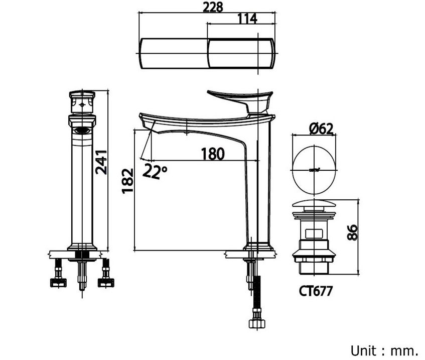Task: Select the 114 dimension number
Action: click(x=246, y=19)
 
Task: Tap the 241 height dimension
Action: click(x=102, y=162)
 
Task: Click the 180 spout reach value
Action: click(x=213, y=154)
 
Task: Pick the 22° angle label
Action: click(x=155, y=172)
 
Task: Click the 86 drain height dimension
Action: click(x=352, y=232)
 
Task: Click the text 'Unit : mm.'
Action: click(x=384, y=349)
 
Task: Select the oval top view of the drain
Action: click(x=314, y=169)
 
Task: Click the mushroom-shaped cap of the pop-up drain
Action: click(x=314, y=205)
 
